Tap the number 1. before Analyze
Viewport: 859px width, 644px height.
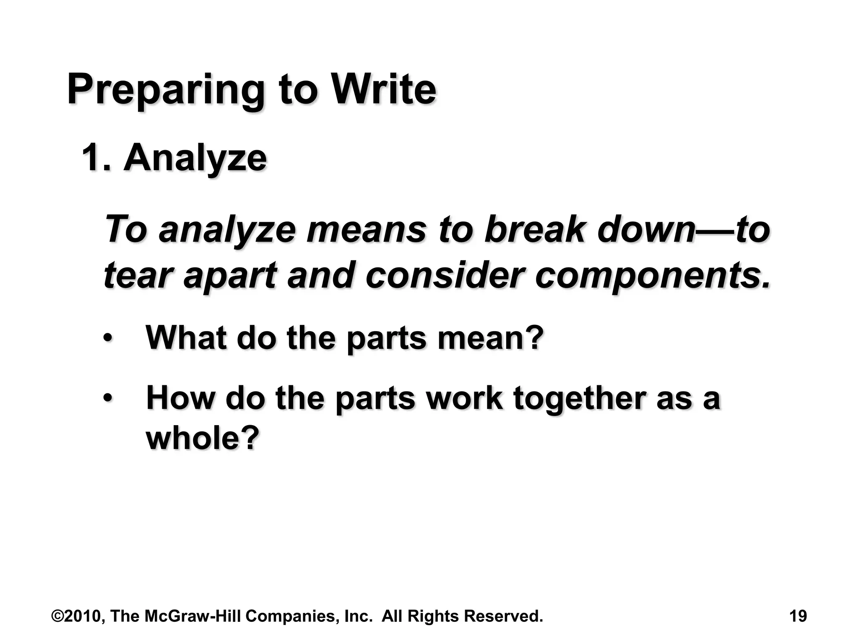point(96,158)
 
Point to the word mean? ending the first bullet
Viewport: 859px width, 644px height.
point(490,338)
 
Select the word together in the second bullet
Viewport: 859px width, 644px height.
point(579,398)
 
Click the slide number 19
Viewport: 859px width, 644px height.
point(798,616)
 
